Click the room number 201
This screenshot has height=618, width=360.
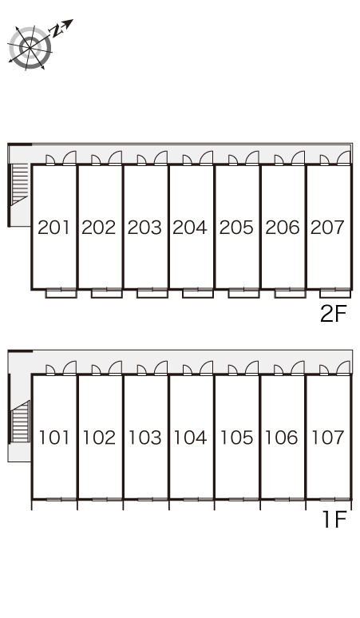click(53, 228)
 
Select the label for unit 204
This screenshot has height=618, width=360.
click(190, 228)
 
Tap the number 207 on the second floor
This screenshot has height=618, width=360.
click(328, 228)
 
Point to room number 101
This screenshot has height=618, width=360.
click(54, 438)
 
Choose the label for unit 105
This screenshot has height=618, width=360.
click(236, 438)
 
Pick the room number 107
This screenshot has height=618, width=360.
click(328, 438)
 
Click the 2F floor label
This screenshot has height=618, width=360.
click(333, 314)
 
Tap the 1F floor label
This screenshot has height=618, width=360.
click(334, 519)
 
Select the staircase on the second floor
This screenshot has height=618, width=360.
click(20, 184)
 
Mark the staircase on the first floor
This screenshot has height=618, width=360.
click(21, 421)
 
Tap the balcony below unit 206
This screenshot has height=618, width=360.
click(290, 293)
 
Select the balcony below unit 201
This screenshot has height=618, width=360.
click(61, 293)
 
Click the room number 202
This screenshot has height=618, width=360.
click(99, 228)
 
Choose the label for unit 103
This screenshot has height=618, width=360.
click(145, 438)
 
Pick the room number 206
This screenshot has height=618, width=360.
click(283, 228)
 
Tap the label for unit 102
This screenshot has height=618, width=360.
click(99, 438)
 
